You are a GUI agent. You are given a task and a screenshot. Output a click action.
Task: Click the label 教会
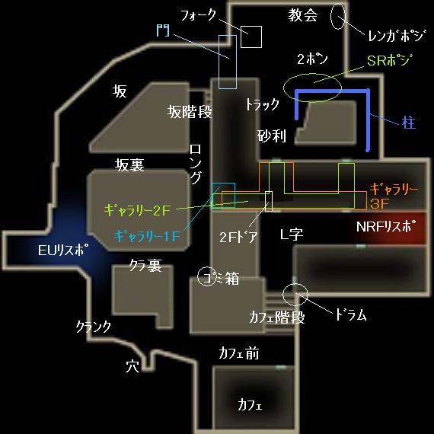click(303, 15)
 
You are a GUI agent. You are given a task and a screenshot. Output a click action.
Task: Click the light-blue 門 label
click(163, 30)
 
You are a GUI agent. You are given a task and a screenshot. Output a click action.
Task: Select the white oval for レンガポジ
click(331, 17)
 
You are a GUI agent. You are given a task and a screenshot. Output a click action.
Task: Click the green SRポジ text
click(389, 60)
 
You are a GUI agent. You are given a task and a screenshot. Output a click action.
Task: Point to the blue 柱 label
click(409, 123)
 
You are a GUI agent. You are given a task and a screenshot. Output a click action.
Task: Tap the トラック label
click(263, 104)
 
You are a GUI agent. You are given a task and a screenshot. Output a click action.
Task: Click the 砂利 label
click(272, 136)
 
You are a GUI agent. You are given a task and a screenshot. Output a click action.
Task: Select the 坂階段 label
click(190, 112)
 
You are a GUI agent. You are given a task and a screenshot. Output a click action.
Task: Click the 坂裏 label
click(129, 165)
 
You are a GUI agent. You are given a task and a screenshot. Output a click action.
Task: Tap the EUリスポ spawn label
click(64, 250)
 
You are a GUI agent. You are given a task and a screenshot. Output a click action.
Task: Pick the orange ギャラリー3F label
click(394, 196)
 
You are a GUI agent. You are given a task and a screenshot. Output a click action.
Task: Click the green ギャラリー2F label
click(137, 211)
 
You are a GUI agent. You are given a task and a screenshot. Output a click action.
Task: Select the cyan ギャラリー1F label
click(147, 236)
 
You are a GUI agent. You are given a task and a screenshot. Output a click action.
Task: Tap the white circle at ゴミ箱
click(198, 276)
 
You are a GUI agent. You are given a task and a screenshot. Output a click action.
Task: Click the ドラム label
click(351, 314)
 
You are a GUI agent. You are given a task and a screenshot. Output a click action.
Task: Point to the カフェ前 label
click(239, 353)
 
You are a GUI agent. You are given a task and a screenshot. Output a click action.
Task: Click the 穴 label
click(132, 366)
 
